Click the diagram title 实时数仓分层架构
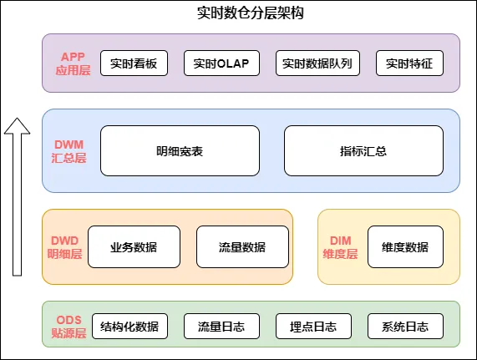point(250,13)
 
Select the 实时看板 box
point(134,63)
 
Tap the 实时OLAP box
point(221,63)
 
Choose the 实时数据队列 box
point(317,63)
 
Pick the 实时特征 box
point(409,63)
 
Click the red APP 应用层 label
point(73,63)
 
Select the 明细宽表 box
point(180,151)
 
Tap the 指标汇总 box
point(363,151)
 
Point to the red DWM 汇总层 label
point(69,151)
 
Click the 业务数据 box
point(134,247)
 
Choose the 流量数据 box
point(242,247)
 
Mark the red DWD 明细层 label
point(65,247)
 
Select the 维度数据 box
point(405,247)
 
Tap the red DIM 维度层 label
point(340,247)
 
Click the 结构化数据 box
point(129,327)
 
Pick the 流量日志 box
point(221,327)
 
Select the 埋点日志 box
point(313,327)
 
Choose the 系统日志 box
point(405,327)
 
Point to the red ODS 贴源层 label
point(69,327)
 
